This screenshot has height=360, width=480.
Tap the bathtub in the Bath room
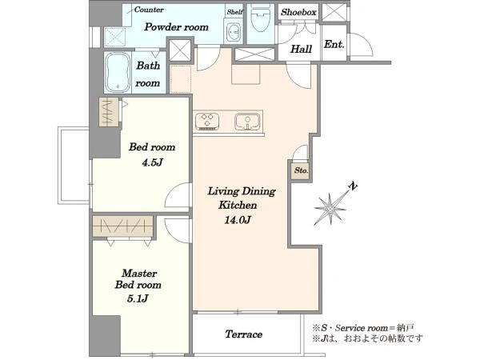coord(118,72)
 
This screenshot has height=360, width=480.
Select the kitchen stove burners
coord(207,120)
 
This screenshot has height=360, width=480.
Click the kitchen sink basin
coord(247,121)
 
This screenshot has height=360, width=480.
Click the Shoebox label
coord(298,12)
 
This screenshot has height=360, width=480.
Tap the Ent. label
coord(334,45)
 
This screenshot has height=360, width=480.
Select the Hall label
coord(302,49)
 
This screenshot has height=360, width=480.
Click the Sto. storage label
coord(302,170)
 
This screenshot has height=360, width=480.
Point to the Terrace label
coord(244,334)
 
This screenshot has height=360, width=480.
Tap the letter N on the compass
coord(354,186)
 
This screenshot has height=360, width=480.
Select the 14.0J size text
coord(238,220)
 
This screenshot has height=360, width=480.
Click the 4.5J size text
coord(152,162)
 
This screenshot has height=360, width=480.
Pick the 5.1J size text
coord(138,298)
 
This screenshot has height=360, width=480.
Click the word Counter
coord(149,10)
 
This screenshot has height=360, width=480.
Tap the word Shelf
coord(234,12)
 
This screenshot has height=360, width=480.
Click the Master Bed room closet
coord(122,226)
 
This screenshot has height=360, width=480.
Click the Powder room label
coord(176,27)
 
